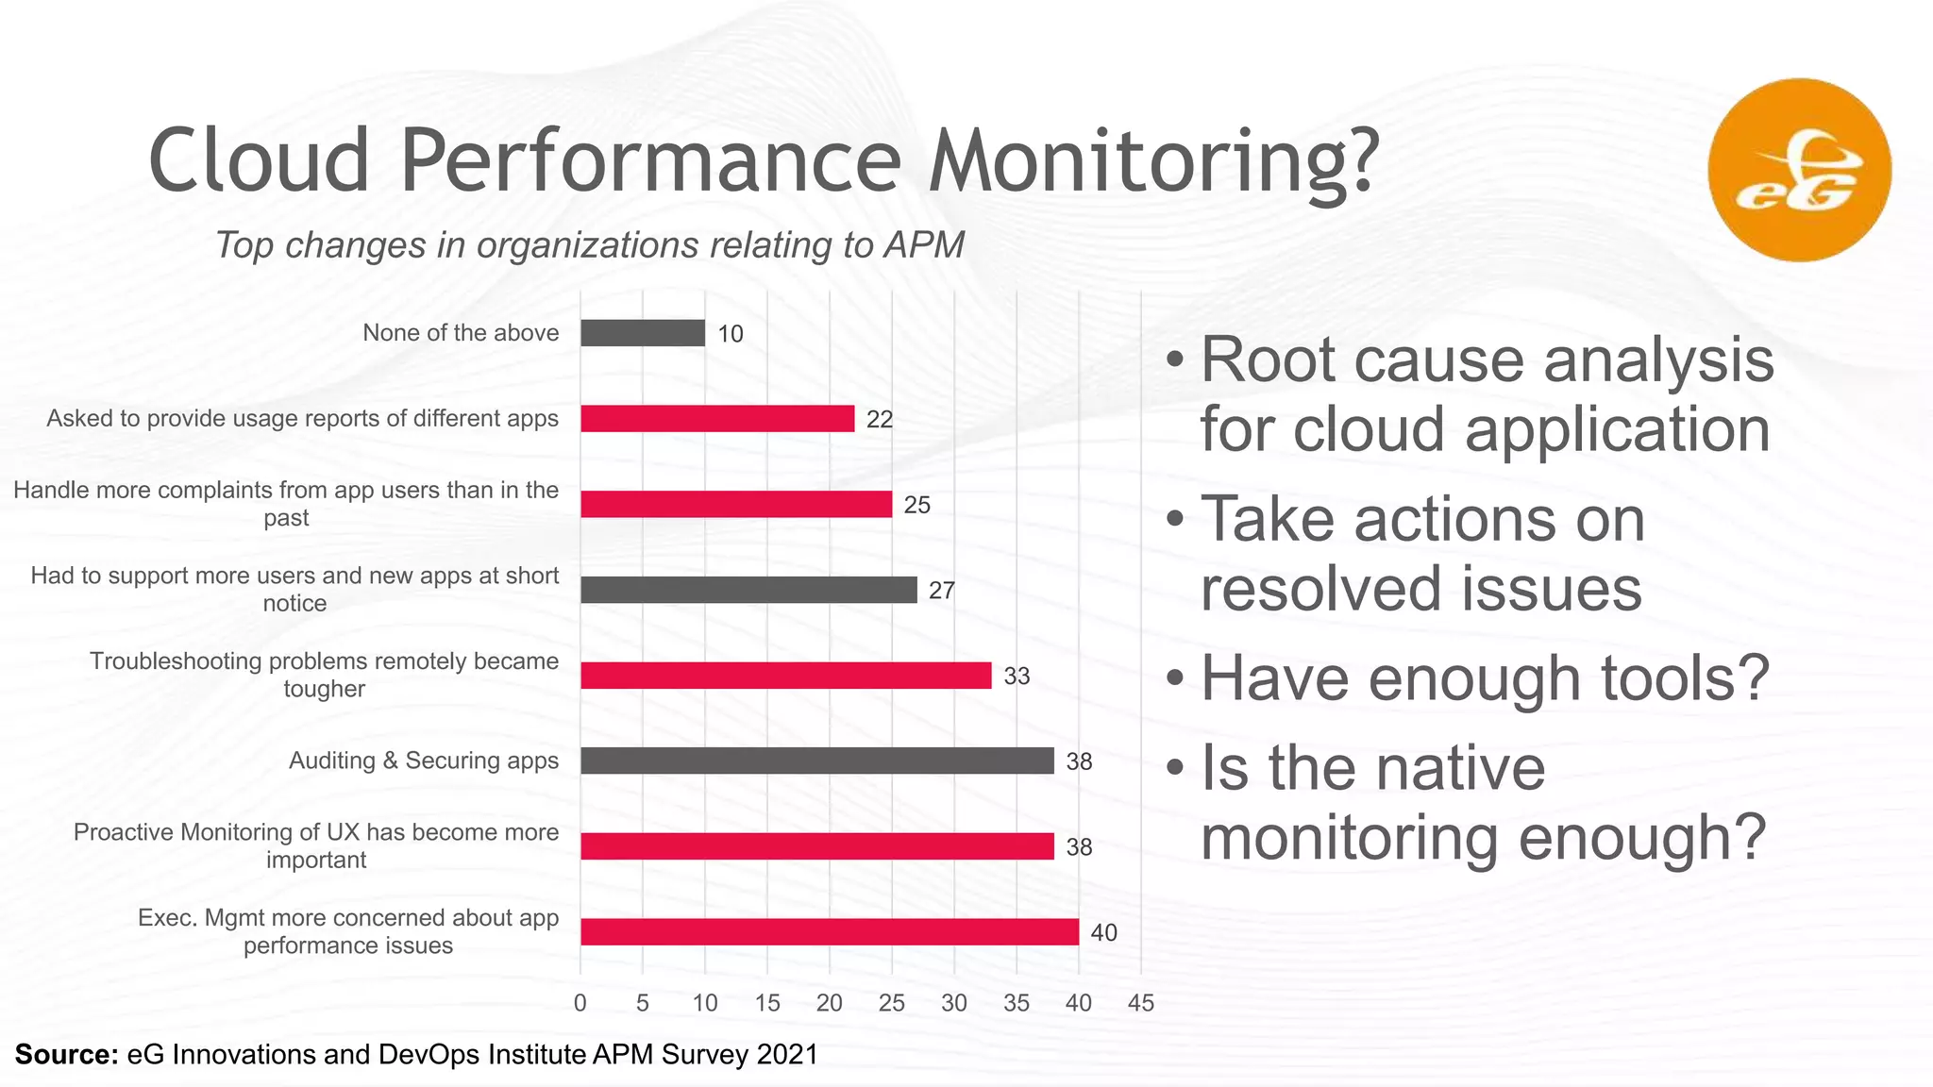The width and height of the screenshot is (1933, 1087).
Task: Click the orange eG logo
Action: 1799,170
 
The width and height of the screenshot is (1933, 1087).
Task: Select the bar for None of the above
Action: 642,333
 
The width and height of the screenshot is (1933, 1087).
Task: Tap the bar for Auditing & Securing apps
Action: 816,761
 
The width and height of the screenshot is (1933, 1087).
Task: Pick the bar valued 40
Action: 829,932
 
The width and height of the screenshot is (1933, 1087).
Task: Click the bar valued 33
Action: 785,676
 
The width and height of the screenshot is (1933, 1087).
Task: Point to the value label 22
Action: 880,419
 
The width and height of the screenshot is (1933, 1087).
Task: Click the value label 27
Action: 942,591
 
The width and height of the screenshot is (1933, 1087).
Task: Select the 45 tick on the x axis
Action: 1141,1003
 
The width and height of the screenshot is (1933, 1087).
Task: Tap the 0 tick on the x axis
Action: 580,1003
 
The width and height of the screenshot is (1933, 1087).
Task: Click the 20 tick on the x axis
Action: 830,1003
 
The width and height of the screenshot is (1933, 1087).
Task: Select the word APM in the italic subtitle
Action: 924,245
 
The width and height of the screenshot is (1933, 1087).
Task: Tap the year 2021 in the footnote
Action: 786,1054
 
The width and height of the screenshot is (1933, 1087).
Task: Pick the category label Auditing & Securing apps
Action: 423,761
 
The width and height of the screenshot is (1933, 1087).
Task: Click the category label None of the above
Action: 461,333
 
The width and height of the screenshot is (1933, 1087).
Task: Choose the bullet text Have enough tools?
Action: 1484,678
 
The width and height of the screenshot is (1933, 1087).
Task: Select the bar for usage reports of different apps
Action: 717,419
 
